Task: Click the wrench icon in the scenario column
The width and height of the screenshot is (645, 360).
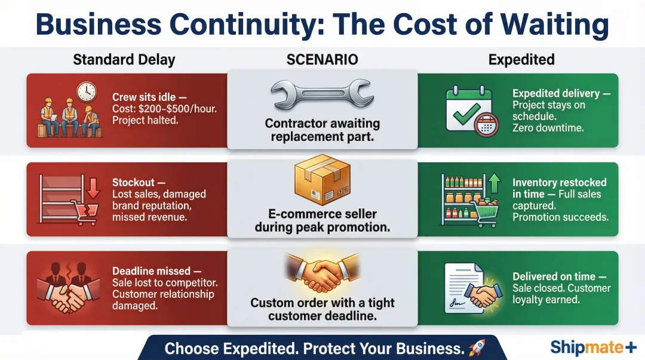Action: pyautogui.click(x=322, y=94)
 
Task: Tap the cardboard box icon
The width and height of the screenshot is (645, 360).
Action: pyautogui.click(x=322, y=180)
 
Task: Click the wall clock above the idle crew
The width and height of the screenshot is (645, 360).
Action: pyautogui.click(x=87, y=91)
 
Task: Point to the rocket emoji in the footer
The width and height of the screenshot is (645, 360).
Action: pyautogui.click(x=477, y=348)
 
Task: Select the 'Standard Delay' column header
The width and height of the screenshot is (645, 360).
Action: pyautogui.click(x=124, y=60)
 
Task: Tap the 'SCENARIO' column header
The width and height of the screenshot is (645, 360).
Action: pyautogui.click(x=322, y=60)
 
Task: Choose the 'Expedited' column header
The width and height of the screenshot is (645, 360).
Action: pyautogui.click(x=521, y=60)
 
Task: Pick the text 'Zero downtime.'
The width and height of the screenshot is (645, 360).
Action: pyautogui.click(x=548, y=128)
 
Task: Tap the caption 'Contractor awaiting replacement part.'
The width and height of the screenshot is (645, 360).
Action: pyautogui.click(x=322, y=130)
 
